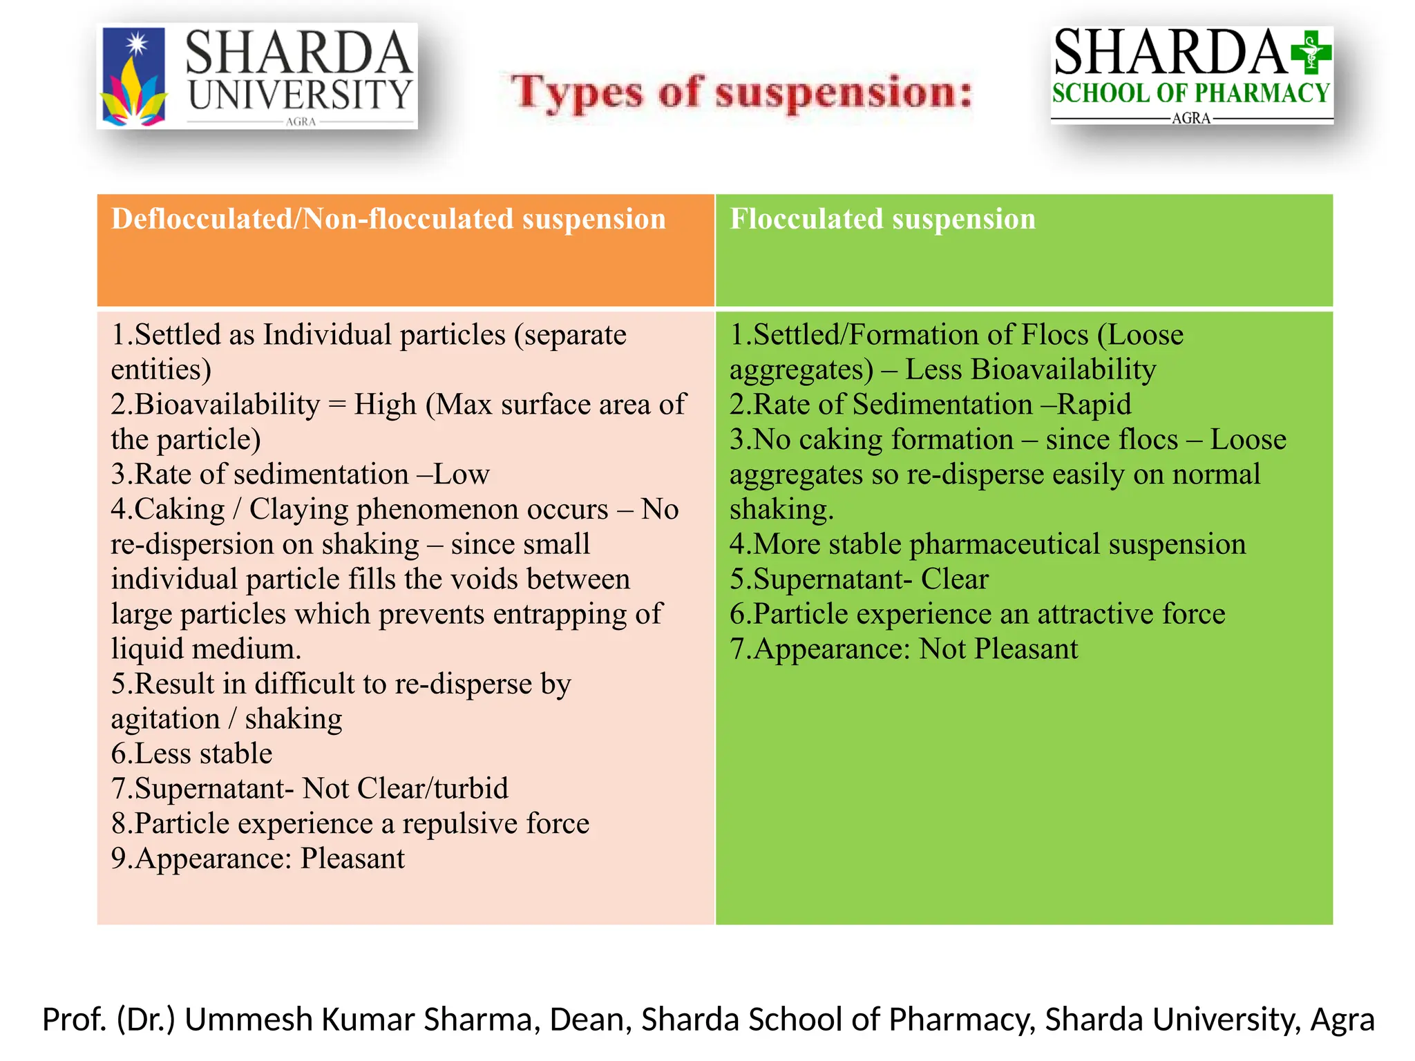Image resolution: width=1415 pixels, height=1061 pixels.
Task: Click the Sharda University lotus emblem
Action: click(x=134, y=77)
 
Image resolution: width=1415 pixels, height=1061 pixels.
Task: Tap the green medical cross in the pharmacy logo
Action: click(x=1311, y=52)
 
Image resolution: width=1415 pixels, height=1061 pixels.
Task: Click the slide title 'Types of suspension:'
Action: click(x=741, y=93)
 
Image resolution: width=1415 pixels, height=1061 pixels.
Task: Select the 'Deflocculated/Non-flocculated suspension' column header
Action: click(x=388, y=219)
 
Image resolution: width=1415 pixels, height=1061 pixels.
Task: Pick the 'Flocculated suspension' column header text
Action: click(x=882, y=219)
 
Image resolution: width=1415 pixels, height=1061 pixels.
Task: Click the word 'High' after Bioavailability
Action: click(x=385, y=404)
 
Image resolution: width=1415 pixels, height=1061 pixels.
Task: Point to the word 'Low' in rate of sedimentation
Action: click(x=462, y=475)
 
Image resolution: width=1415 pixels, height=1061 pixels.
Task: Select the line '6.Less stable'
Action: click(x=191, y=754)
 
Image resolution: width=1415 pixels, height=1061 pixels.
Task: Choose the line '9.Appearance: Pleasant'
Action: click(x=258, y=859)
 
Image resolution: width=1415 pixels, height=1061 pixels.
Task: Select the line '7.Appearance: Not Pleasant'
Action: click(x=903, y=649)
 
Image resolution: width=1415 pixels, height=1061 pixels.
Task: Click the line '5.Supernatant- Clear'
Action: click(x=859, y=579)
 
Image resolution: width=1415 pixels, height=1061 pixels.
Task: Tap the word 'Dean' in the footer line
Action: click(x=587, y=1020)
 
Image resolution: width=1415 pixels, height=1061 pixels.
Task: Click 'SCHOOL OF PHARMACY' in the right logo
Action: click(x=1190, y=93)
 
